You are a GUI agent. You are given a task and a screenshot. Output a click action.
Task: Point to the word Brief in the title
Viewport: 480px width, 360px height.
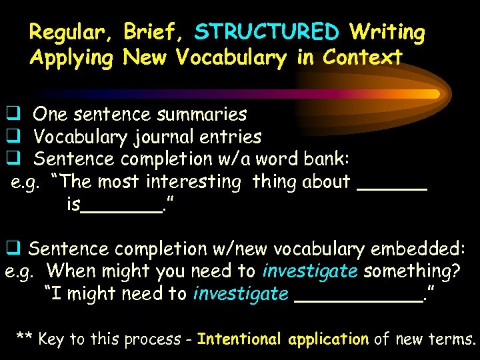click(x=155, y=32)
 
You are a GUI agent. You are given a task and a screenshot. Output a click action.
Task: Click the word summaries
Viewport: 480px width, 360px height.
click(x=202, y=115)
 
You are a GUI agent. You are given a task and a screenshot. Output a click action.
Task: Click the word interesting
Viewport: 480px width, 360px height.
click(x=195, y=182)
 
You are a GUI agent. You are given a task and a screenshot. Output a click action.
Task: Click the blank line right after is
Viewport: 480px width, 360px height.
click(x=121, y=211)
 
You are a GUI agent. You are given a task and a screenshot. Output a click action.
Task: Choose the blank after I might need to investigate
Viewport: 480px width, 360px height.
click(x=357, y=300)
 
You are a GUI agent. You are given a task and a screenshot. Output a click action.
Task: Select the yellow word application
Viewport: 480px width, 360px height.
click(x=328, y=339)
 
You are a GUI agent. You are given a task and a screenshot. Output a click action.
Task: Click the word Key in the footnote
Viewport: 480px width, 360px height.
click(x=51, y=339)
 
